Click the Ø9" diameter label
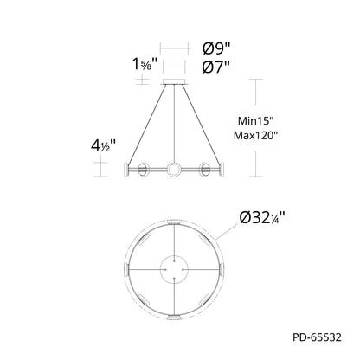point(216,48)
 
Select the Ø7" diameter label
point(216,67)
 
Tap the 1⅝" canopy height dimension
point(145,64)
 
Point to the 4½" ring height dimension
point(103,145)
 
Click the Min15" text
point(255,121)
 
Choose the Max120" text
point(255,135)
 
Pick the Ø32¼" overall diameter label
point(262,218)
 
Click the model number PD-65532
point(317,337)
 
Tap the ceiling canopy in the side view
point(174,81)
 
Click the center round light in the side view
point(174,169)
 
